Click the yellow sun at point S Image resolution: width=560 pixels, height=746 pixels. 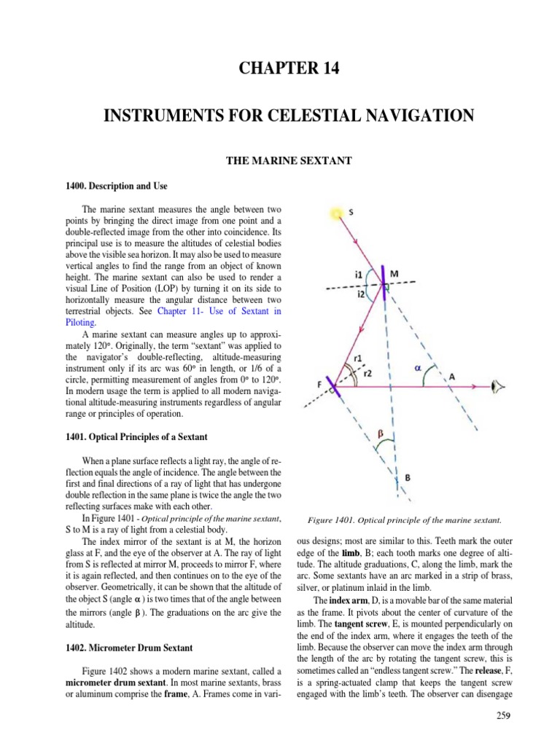click(337, 214)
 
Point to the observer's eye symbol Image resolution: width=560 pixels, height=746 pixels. click(499, 387)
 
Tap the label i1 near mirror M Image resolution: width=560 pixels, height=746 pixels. click(359, 275)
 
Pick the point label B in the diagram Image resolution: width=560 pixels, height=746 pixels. click(407, 478)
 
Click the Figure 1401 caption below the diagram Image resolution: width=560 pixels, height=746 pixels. click(404, 521)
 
